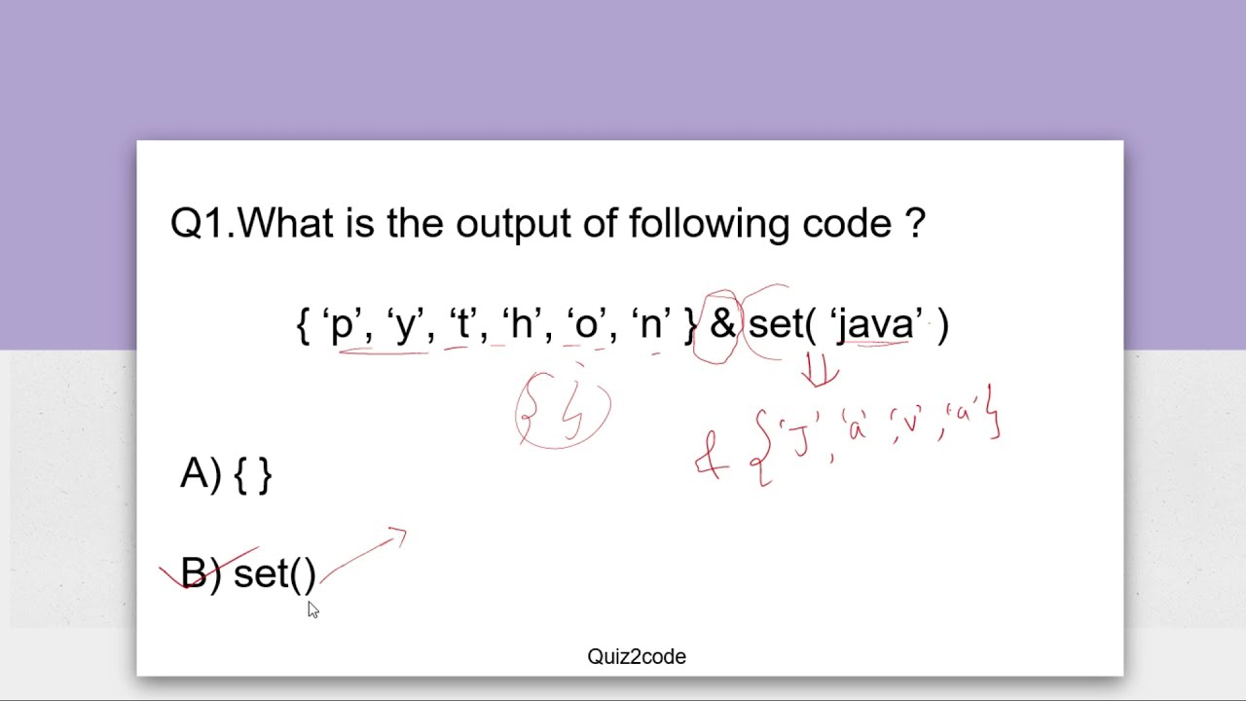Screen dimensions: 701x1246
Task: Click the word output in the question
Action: point(514,224)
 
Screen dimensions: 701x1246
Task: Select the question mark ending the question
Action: point(915,224)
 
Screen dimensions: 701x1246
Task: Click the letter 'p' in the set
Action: point(342,324)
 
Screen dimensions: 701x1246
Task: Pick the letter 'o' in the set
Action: point(586,324)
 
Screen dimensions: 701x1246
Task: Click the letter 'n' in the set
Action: point(650,324)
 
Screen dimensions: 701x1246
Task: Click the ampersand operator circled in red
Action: point(722,324)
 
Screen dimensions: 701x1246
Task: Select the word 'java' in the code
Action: point(875,324)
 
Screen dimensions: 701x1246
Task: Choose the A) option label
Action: point(202,474)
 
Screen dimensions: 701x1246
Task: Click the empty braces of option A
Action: point(253,475)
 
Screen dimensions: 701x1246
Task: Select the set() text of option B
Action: point(275,574)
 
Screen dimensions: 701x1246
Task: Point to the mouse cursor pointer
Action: point(312,609)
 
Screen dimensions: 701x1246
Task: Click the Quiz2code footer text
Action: point(637,657)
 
